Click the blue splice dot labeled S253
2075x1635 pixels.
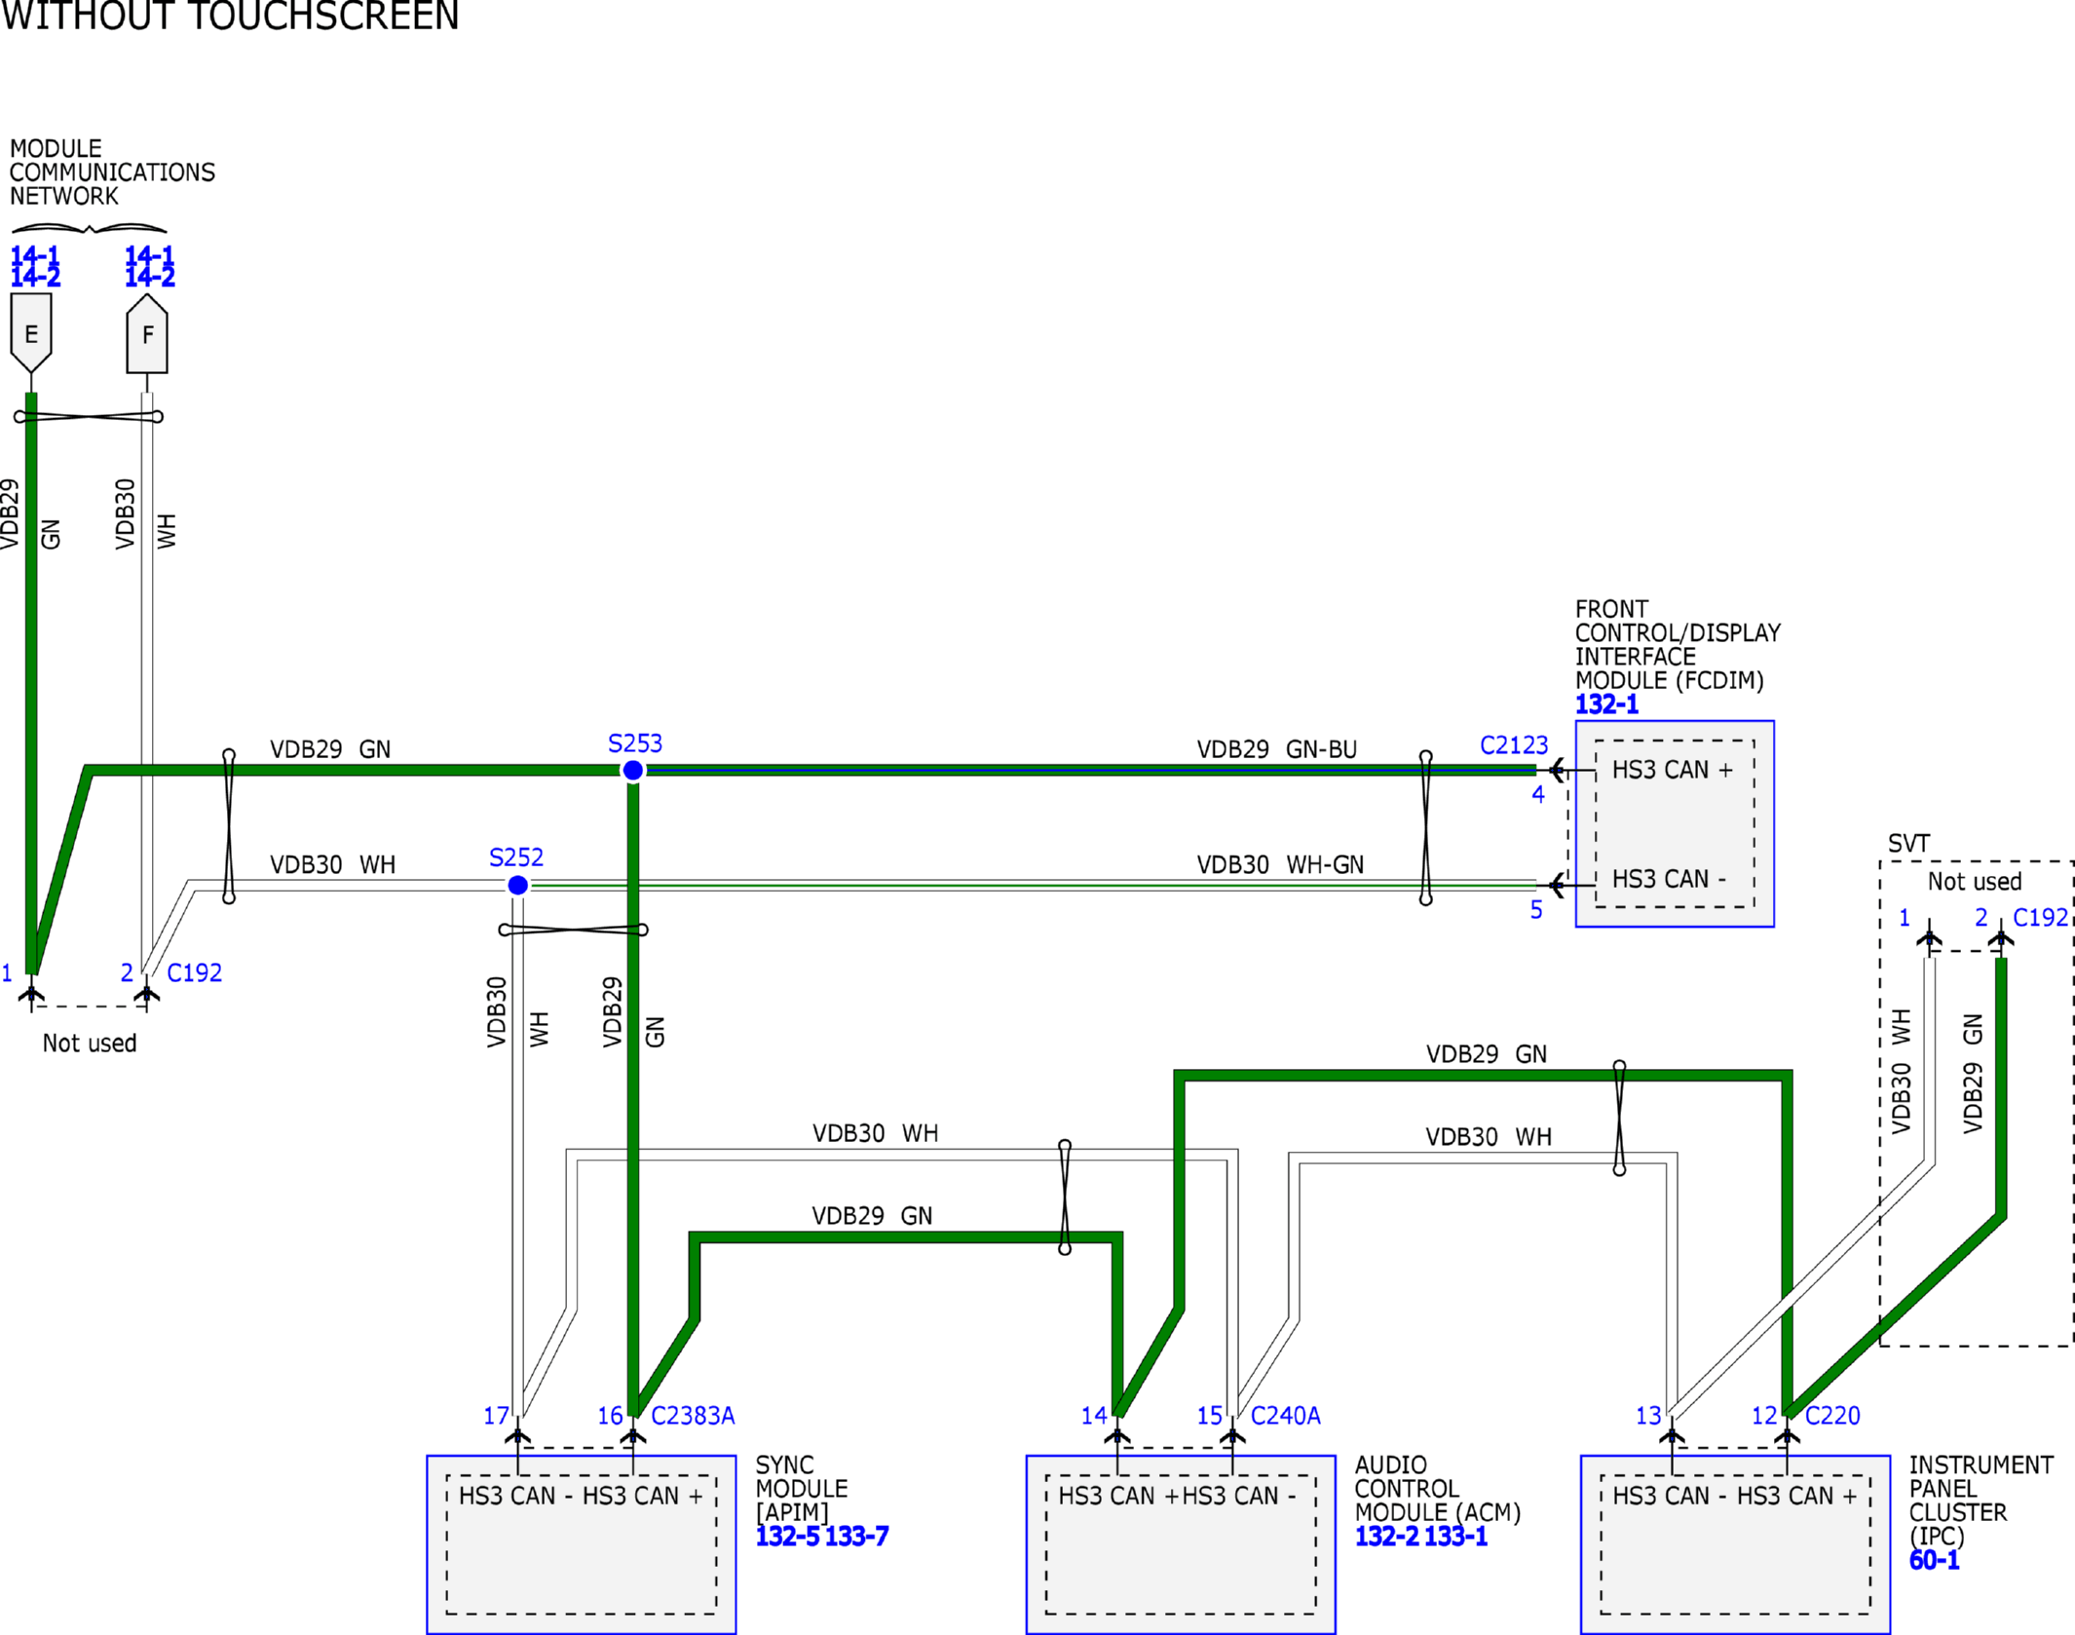pyautogui.click(x=633, y=771)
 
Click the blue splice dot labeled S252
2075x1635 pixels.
pyautogui.click(x=518, y=885)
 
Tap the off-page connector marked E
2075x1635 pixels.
pyautogui.click(x=31, y=333)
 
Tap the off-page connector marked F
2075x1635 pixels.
pyautogui.click(x=147, y=333)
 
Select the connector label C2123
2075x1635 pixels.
pyautogui.click(x=1514, y=745)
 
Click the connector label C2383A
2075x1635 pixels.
pyautogui.click(x=693, y=1416)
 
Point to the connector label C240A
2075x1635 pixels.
pyautogui.click(x=1286, y=1416)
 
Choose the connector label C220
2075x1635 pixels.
pyautogui.click(x=1832, y=1416)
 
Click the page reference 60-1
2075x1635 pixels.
pyautogui.click(x=1935, y=1560)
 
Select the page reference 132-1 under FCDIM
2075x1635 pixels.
pyautogui.click(x=1607, y=704)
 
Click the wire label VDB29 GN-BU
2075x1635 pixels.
pyautogui.click(x=1277, y=749)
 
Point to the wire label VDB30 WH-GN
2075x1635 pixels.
pyautogui.click(x=1280, y=864)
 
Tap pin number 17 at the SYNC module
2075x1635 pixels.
pyautogui.click(x=497, y=1416)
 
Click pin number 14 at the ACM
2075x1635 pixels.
pyautogui.click(x=1094, y=1416)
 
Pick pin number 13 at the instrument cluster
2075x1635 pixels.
pyautogui.click(x=1648, y=1416)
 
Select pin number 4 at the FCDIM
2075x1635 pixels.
pyautogui.click(x=1538, y=794)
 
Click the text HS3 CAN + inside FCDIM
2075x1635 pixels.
pyautogui.click(x=1673, y=770)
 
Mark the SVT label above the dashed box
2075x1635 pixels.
pyautogui.click(x=1908, y=844)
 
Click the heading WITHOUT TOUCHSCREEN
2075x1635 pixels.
pyautogui.click(x=230, y=16)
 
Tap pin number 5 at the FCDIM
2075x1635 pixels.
pyautogui.click(x=1536, y=910)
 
